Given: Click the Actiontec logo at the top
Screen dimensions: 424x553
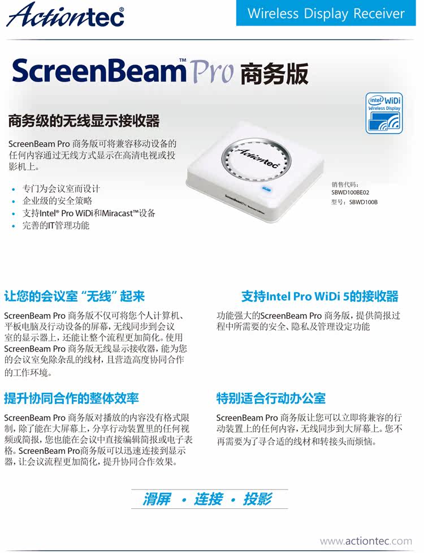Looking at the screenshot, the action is click(65, 15).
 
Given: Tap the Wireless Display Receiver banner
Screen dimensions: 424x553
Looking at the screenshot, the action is click(326, 13).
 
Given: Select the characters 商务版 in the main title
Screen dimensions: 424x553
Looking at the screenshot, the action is click(274, 74).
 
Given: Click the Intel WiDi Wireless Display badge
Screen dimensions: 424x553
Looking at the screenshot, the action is click(384, 113).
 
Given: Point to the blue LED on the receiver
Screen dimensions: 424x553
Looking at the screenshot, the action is click(266, 188).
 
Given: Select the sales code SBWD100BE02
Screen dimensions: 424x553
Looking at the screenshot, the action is click(350, 192).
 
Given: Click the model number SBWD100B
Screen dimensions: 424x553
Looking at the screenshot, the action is click(363, 202).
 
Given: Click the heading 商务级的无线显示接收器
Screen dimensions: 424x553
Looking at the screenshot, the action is click(84, 121).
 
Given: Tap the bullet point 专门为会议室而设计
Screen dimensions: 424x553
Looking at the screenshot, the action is click(61, 188).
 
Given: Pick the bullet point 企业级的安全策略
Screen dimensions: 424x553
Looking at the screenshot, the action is click(57, 201).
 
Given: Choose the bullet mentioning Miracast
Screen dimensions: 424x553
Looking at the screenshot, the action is click(89, 213).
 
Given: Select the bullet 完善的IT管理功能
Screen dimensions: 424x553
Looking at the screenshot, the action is click(55, 225).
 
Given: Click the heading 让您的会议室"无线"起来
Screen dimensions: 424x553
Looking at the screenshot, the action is click(74, 296).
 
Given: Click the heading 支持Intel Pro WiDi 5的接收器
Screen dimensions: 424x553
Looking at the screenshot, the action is click(320, 296).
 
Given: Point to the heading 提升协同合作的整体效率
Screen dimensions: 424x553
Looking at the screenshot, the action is click(71, 398).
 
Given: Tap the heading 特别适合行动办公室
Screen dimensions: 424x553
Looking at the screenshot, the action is click(271, 398).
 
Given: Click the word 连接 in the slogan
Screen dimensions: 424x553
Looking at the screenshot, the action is click(208, 499).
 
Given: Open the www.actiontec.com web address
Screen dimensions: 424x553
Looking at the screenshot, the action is click(366, 541).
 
